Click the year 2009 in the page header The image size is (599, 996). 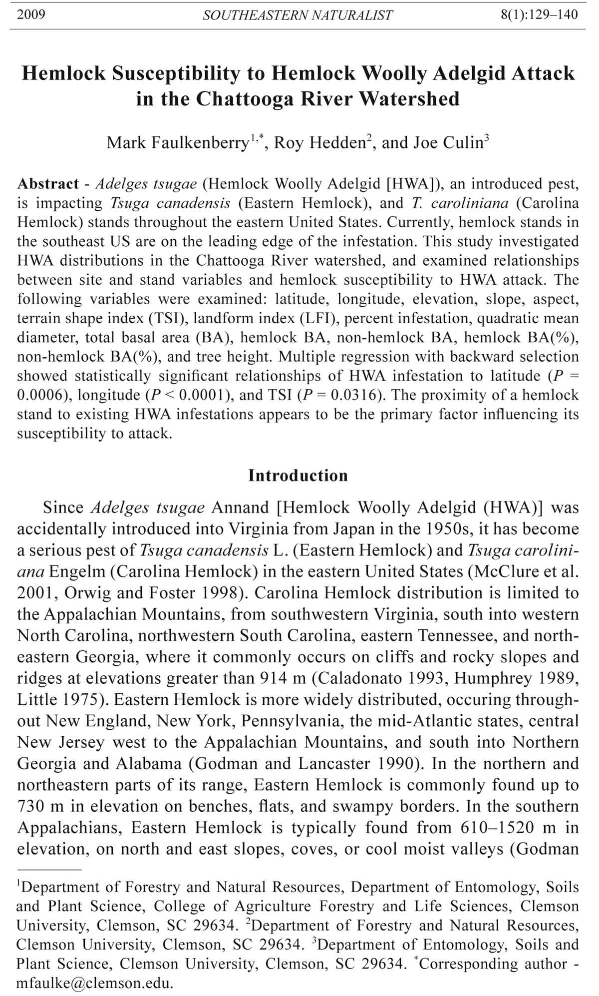tap(31, 14)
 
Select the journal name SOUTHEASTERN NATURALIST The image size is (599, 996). tap(298, 15)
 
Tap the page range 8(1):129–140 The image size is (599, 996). tap(539, 14)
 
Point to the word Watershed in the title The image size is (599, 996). tap(409, 98)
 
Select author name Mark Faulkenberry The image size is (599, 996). tap(178, 143)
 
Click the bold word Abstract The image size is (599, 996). tap(48, 184)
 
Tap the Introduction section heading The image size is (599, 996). tap(298, 475)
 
